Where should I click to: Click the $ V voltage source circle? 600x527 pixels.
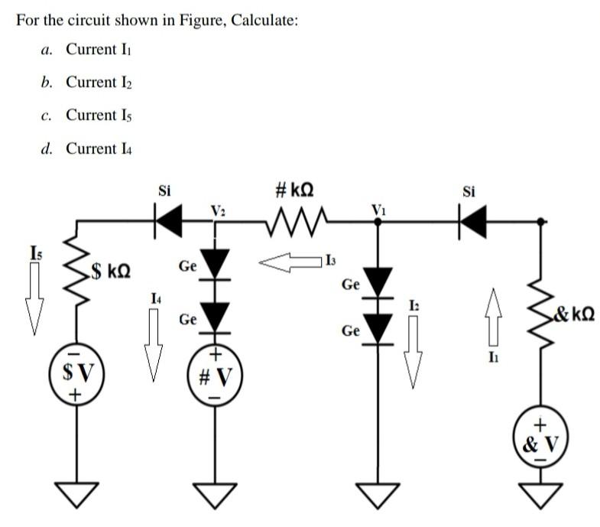(76, 374)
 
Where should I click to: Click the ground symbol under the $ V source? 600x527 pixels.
(76, 495)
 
